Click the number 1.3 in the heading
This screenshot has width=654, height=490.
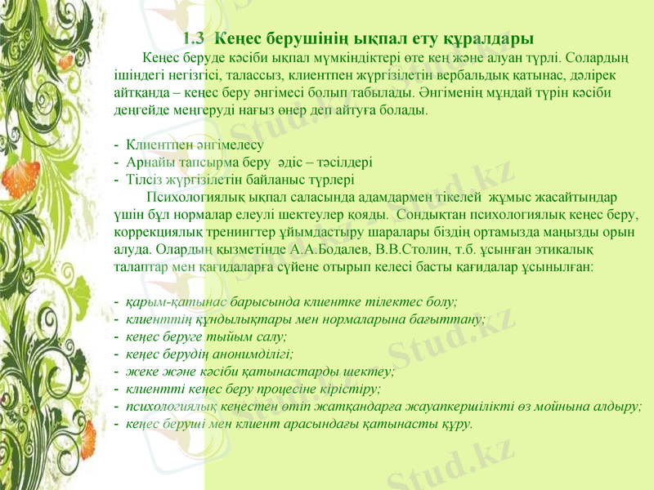pos(194,38)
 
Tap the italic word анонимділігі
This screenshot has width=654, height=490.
pos(253,354)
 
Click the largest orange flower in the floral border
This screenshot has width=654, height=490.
pos(21,178)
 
